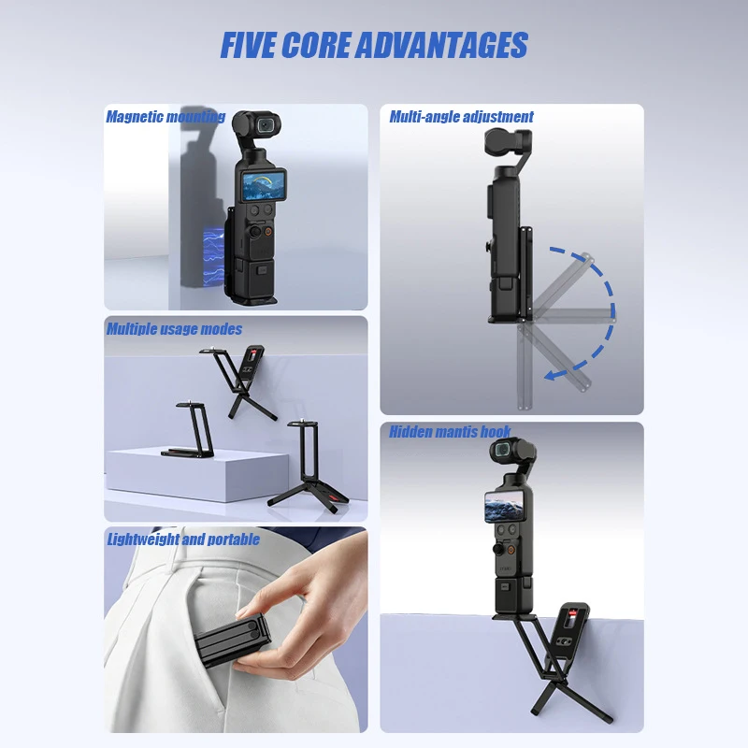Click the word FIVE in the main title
(248, 45)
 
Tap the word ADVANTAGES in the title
(442, 45)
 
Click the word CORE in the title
(316, 45)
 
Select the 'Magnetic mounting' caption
(165, 116)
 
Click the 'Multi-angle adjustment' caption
(461, 116)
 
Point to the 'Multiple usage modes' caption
(174, 329)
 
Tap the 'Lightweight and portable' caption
(183, 539)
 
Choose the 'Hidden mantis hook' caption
(450, 432)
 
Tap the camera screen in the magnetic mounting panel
(264, 186)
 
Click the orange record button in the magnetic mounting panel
(268, 231)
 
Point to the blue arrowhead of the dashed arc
(552, 375)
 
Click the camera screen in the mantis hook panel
(505, 507)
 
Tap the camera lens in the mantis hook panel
(503, 450)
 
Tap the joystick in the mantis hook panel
(497, 550)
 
